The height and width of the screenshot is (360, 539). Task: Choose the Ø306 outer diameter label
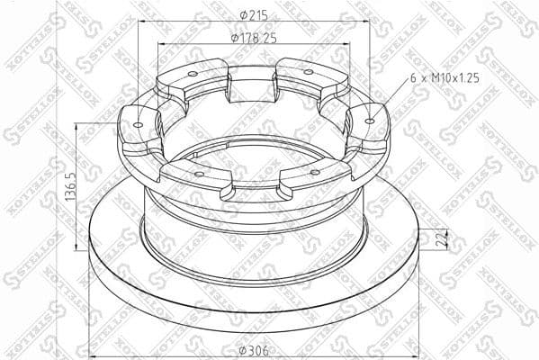pyautogui.click(x=254, y=350)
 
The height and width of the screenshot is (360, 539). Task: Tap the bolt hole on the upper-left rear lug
pyautogui.click(x=192, y=75)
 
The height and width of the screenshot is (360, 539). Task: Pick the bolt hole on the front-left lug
pyautogui.click(x=198, y=170)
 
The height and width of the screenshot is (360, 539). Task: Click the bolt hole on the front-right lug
pyautogui.click(x=314, y=171)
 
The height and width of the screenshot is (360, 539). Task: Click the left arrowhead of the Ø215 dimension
pyautogui.click(x=139, y=22)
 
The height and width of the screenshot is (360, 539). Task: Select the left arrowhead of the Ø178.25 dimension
pyautogui.click(x=159, y=45)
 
